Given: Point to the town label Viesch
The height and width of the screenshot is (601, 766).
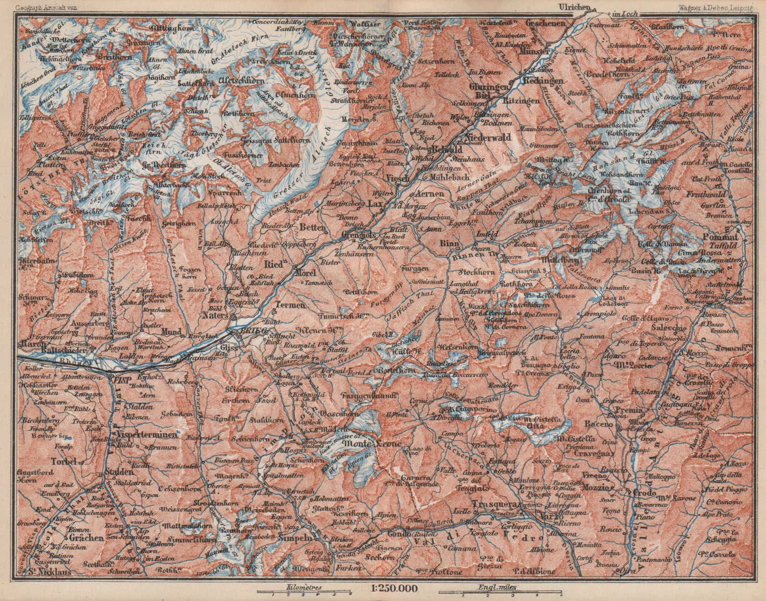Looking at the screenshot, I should coord(396,178).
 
